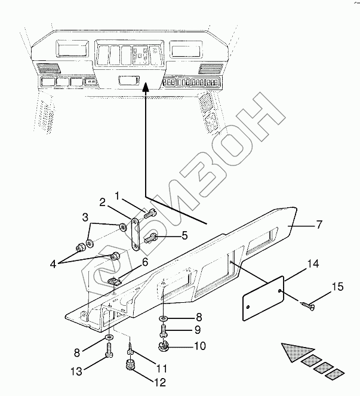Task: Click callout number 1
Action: click(118, 195)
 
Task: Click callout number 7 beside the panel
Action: click(319, 225)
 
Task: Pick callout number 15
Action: click(337, 288)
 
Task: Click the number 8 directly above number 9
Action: click(183, 318)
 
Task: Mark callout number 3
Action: click(86, 217)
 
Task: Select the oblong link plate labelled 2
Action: click(135, 235)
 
